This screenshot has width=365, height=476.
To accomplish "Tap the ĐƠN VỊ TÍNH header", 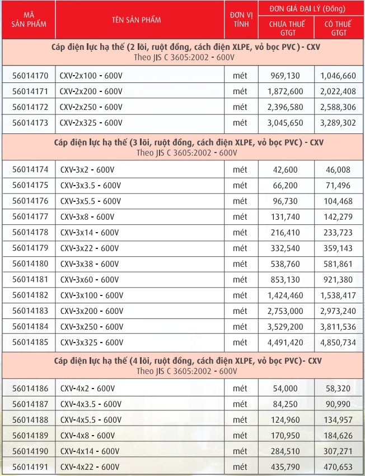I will tap(240, 20).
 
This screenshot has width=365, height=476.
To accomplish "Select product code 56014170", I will tap(30, 75).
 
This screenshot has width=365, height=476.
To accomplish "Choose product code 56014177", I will tap(30, 216).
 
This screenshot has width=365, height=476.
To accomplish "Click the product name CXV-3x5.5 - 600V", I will tap(90, 201).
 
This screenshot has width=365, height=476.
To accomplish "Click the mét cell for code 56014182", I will tap(240, 295).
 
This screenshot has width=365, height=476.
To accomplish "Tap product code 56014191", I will tap(30, 466).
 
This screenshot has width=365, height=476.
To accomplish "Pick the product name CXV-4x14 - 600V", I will tap(90, 451).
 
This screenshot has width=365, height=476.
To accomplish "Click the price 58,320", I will tap(339, 389).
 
